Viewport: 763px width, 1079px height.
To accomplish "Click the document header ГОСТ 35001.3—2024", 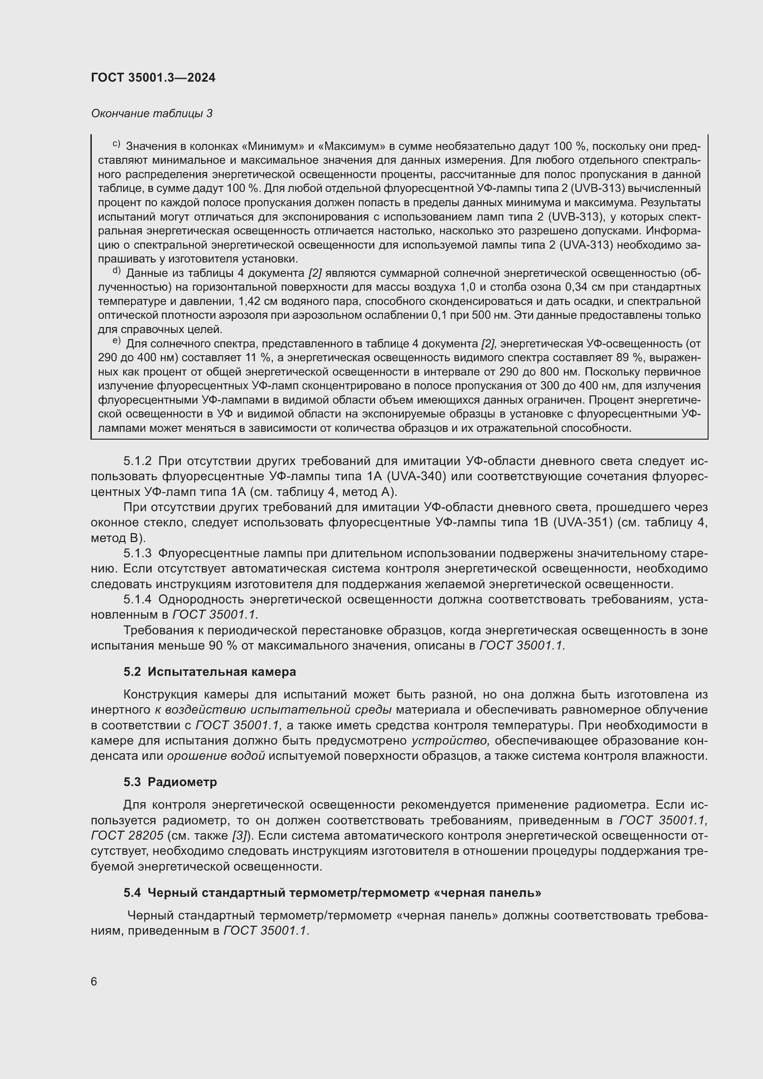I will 153,78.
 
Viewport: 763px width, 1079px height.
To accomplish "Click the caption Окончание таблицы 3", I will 151,113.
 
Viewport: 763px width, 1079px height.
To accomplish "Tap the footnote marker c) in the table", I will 117,144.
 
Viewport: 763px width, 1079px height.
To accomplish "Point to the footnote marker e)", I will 117,341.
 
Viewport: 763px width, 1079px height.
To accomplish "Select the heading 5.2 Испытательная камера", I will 209,672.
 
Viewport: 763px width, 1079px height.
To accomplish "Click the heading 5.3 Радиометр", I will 170,782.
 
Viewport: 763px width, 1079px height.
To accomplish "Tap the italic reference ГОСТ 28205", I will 127,835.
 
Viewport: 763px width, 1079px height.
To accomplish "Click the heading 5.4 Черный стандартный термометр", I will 332,893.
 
